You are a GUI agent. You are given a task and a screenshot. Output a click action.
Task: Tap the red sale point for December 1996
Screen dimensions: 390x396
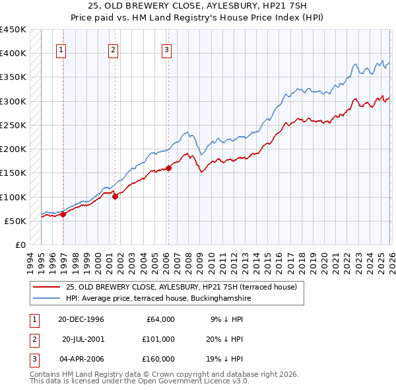coord(63,214)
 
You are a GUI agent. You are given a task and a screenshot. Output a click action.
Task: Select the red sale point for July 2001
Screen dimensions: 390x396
coord(115,196)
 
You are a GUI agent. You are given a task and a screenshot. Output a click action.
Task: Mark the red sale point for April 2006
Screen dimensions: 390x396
coord(168,168)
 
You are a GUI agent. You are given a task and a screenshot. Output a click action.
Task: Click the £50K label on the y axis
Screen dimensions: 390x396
coord(16,221)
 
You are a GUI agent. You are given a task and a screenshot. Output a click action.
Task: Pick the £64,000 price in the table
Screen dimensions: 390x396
coord(159,319)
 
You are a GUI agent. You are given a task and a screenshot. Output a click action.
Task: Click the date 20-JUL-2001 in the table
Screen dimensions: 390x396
coord(84,338)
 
